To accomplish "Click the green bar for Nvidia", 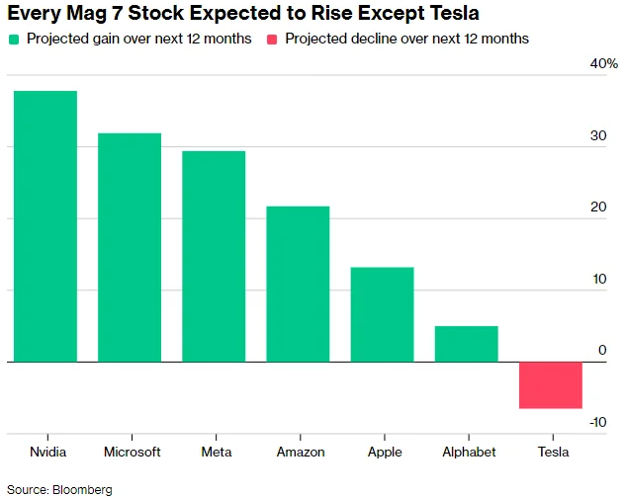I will coord(45,226).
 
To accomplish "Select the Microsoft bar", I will coord(129,247).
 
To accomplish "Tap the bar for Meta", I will coord(213,256).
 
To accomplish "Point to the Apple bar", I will coord(382,314).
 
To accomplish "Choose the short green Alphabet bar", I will coord(466,344).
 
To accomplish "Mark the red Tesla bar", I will coord(551,385).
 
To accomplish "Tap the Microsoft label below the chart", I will coord(132,452).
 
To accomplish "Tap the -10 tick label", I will coord(598,422).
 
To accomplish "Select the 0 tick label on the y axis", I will coord(602,351).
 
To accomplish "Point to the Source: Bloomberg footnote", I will coord(60,489).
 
